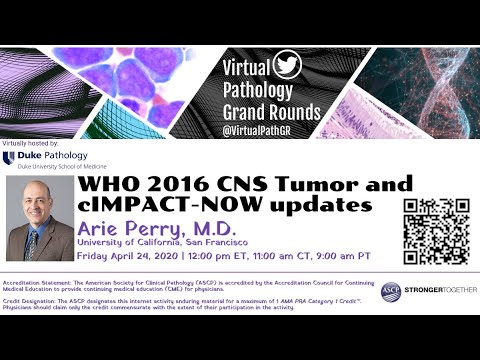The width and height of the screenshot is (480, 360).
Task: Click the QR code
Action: click(436, 231)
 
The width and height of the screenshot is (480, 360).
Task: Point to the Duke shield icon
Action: click(8, 157)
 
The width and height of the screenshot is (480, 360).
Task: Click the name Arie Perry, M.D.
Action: click(155, 230)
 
